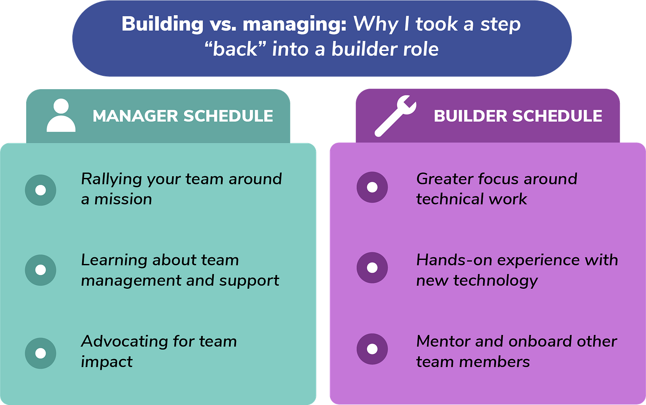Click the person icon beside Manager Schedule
click(61, 115)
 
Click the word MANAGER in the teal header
click(135, 116)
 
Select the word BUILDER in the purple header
click(470, 116)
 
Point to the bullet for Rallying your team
click(40, 190)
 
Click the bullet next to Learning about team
click(40, 270)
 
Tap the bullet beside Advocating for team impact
click(40, 353)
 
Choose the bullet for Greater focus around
click(372, 187)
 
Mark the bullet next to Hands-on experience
click(372, 268)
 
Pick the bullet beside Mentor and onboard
click(372, 349)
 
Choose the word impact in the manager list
click(106, 362)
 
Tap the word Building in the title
click(162, 24)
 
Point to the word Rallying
click(111, 180)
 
